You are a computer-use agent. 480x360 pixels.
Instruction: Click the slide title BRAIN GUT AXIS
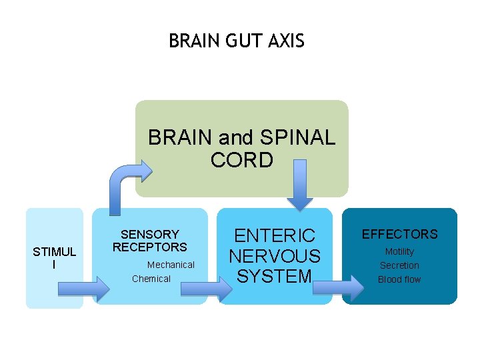tap(237, 41)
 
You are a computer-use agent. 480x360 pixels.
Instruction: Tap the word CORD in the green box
tap(241, 161)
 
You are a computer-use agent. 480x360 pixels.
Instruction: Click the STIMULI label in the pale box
tap(55, 258)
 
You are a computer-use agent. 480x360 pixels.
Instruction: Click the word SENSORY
tap(150, 235)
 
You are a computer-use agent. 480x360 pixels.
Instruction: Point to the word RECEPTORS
tap(150, 247)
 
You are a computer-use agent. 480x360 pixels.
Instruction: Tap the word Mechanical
tap(171, 265)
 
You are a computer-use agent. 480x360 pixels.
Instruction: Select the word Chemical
tap(151, 279)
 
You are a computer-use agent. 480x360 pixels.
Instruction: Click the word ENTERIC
tap(275, 236)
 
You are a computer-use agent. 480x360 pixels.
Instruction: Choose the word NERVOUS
tap(275, 256)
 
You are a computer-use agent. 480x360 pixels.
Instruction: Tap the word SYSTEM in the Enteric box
tap(275, 276)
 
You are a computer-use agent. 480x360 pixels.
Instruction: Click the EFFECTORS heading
tap(399, 234)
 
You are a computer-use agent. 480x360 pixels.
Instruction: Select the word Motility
tap(399, 252)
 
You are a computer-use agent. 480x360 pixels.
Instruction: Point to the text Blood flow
tap(399, 279)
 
